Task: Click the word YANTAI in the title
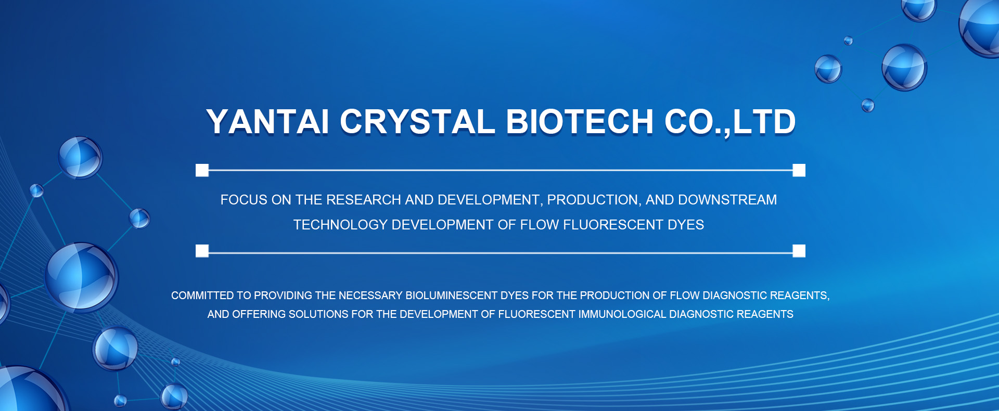[x=267, y=122]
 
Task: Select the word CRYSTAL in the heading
[x=417, y=122]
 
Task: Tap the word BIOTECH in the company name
[x=580, y=122]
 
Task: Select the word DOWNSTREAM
[x=727, y=200]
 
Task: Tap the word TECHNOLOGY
[x=340, y=225]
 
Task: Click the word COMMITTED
[x=202, y=296]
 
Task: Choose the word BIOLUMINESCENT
[x=452, y=296]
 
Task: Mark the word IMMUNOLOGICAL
[x=622, y=314]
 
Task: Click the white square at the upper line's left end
[x=202, y=170]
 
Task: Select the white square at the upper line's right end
[x=799, y=170]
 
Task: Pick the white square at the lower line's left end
[x=202, y=251]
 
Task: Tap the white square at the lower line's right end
[x=799, y=251]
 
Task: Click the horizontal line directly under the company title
[x=501, y=170]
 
